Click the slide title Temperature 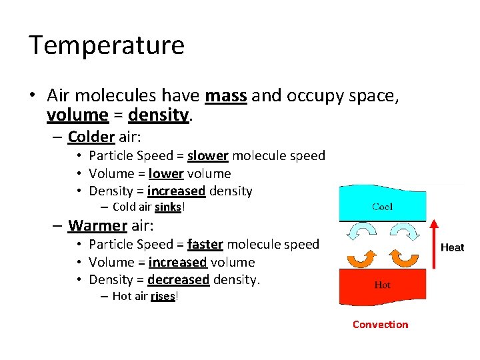click(x=106, y=45)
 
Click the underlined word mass click(x=226, y=97)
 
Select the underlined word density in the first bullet click(x=159, y=115)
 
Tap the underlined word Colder click(x=91, y=137)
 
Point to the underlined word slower click(x=208, y=156)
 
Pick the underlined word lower click(x=166, y=173)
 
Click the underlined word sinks click(x=167, y=207)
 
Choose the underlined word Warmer click(x=97, y=225)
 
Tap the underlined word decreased click(x=178, y=279)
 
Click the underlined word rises click(x=163, y=296)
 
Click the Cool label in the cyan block click(x=382, y=207)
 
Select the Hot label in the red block click(x=382, y=285)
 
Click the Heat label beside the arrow click(x=452, y=247)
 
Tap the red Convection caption click(x=380, y=325)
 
